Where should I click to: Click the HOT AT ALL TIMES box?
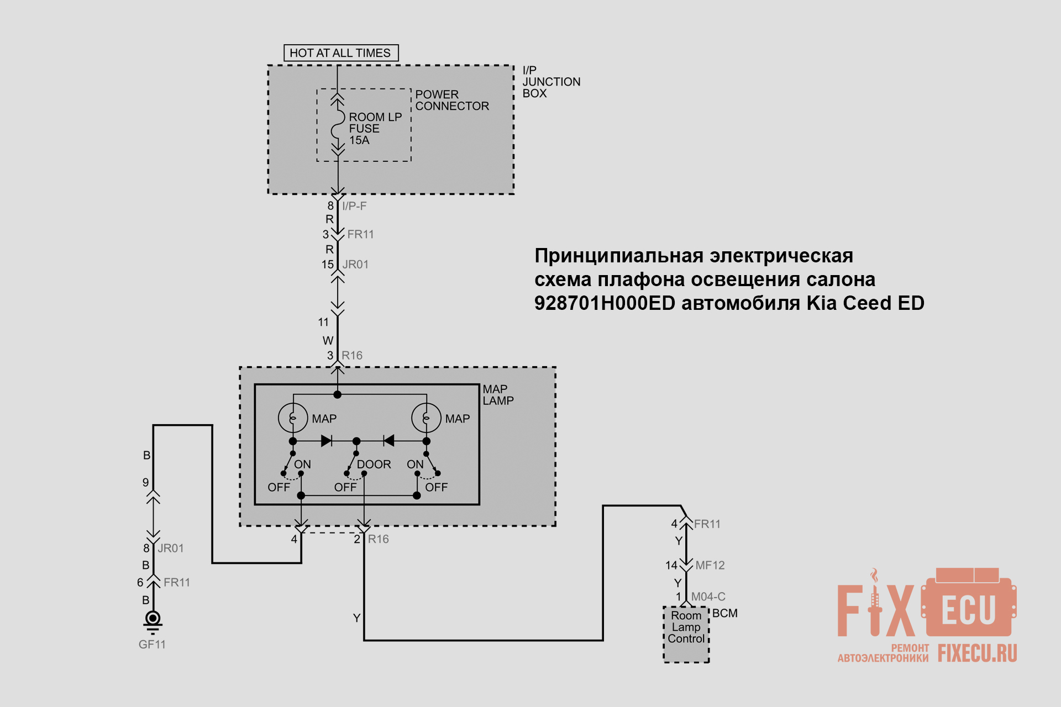[341, 53]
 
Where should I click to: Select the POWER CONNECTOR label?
[452, 100]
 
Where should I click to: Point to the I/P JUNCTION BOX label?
[551, 82]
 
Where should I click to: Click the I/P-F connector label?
[354, 206]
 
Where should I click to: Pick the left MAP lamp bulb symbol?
[293, 418]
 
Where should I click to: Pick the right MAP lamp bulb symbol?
[426, 418]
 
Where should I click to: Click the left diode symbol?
[327, 441]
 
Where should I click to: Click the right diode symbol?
[388, 441]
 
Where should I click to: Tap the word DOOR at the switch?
[374, 465]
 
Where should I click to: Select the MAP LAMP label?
[498, 395]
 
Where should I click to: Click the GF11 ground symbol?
[153, 621]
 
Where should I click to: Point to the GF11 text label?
[152, 645]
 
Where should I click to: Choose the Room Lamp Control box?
[686, 635]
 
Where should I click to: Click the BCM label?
[725, 614]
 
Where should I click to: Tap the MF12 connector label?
[710, 566]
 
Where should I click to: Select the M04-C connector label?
[708, 597]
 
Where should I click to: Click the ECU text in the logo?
[969, 610]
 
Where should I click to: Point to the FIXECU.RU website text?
[977, 653]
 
